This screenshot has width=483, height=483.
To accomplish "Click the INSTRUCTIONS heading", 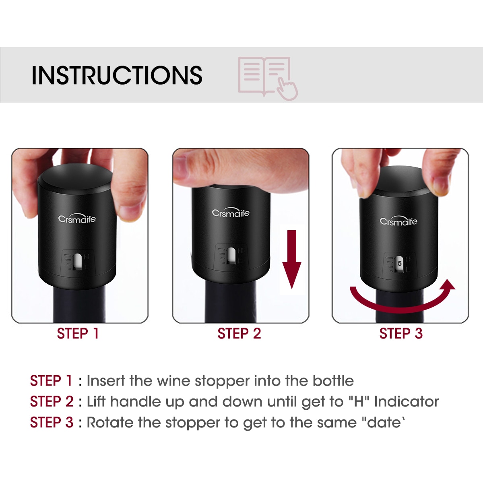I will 117,75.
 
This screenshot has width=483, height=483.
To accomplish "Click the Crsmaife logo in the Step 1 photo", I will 77,219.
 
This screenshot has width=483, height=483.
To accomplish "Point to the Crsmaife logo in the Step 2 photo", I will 231,213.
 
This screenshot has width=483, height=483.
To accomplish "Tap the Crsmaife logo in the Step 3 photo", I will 398,221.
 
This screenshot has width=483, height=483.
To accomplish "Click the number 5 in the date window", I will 400,263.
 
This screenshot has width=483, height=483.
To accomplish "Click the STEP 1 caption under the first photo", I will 78,334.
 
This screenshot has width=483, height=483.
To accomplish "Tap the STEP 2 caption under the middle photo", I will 239,334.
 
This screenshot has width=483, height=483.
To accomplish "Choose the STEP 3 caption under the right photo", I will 401,334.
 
